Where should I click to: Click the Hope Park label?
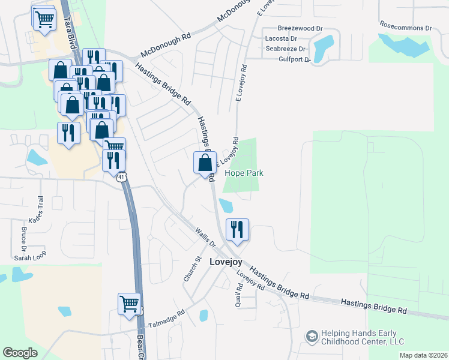244,173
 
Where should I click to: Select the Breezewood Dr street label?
301,28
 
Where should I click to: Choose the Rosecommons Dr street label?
406,28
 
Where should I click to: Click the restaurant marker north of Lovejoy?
237,229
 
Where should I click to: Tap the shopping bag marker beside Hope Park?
205,163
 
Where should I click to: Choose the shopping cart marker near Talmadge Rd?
129,304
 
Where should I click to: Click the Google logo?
20,353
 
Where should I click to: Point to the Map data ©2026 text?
423,355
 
